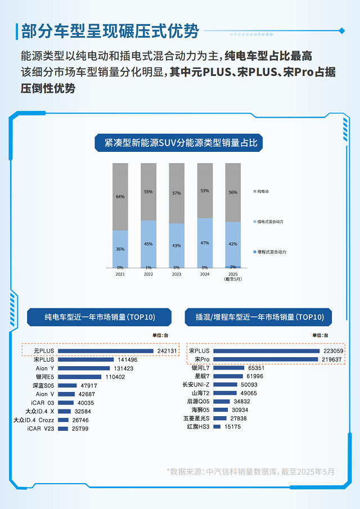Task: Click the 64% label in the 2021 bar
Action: (x=120, y=197)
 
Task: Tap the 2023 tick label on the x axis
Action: (x=177, y=274)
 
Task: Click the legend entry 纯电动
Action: (x=263, y=192)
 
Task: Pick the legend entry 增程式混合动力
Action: (x=271, y=252)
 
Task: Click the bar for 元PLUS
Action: (x=105, y=351)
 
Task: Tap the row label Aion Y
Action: (x=45, y=368)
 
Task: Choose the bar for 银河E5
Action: (x=79, y=377)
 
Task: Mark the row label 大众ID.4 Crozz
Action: (x=34, y=420)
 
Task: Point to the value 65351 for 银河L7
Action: (x=256, y=368)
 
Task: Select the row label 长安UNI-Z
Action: (x=196, y=385)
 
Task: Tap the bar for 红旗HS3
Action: (x=217, y=427)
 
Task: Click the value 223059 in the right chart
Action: (x=332, y=350)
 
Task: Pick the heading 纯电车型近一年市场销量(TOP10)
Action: (x=99, y=317)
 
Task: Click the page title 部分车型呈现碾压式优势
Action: (x=110, y=31)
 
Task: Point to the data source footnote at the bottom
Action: (x=250, y=471)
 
